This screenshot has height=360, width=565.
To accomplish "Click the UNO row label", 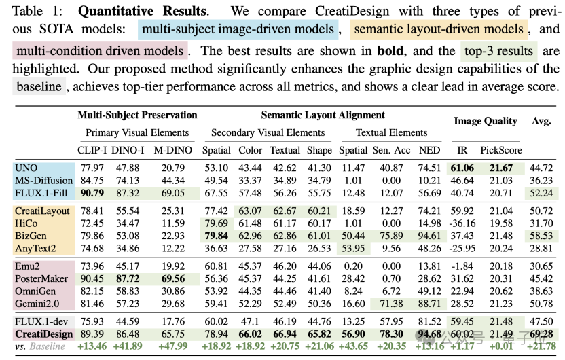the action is pos(26,168).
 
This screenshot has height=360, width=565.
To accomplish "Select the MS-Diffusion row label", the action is pos(43,181).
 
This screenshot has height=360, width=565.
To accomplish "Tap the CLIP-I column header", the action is pos(92,150).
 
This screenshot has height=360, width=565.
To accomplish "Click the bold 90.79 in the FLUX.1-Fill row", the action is pos(92,193).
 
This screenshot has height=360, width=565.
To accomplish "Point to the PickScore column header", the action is pos(501,150).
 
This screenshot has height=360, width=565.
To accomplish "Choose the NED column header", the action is pos(429,150).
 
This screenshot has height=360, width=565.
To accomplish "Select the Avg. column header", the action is pos(542,121).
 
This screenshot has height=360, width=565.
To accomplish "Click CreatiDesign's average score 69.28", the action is pos(541,334).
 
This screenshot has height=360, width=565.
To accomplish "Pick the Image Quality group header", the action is pos(486,121).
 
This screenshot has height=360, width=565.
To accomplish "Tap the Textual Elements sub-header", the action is pos(392,132).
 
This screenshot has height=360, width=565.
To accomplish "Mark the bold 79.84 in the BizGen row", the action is pos(216,236).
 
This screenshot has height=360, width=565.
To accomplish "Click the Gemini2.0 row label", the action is pos(37,304).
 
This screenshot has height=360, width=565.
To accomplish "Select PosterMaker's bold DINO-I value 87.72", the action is pos(128,279).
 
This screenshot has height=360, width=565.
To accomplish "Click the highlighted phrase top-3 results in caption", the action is pos(498,51).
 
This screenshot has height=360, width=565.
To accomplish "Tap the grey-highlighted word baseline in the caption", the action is pos(39,86).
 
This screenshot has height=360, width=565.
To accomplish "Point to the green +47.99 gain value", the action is pos(173,346).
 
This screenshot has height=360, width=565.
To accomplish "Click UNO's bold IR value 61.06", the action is pos(462,168).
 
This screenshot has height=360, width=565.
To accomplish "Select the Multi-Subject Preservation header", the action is pos(137,115).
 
